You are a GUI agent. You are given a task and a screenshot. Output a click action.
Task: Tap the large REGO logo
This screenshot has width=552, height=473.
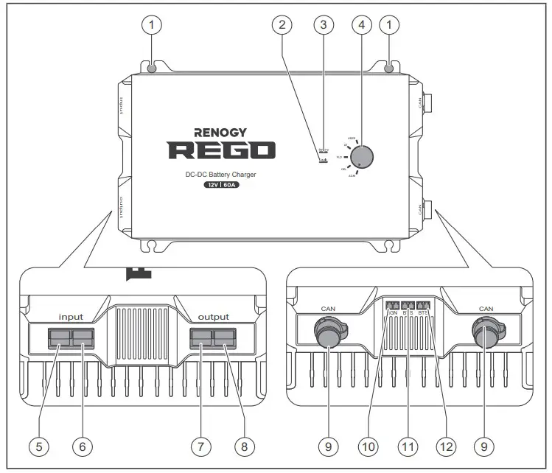coord(222,150)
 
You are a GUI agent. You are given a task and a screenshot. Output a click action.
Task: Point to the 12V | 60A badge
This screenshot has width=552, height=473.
coord(222,186)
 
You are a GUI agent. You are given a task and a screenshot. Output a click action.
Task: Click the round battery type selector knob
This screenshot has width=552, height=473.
coord(362,156)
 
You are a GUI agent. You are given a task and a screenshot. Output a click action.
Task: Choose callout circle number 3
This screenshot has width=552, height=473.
coord(321,25)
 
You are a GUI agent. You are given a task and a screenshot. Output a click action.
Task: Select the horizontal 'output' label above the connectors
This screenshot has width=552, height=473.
coord(213,317)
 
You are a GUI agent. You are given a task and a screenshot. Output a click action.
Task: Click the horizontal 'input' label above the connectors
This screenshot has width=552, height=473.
coord(71,317)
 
